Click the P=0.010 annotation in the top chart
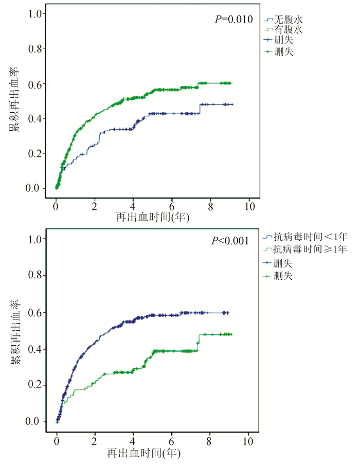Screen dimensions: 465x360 pyautogui.click(x=233, y=20)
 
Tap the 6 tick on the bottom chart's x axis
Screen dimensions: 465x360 pyautogui.click(x=171, y=441)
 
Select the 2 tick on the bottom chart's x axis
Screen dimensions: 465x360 pyautogui.click(x=95, y=441)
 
